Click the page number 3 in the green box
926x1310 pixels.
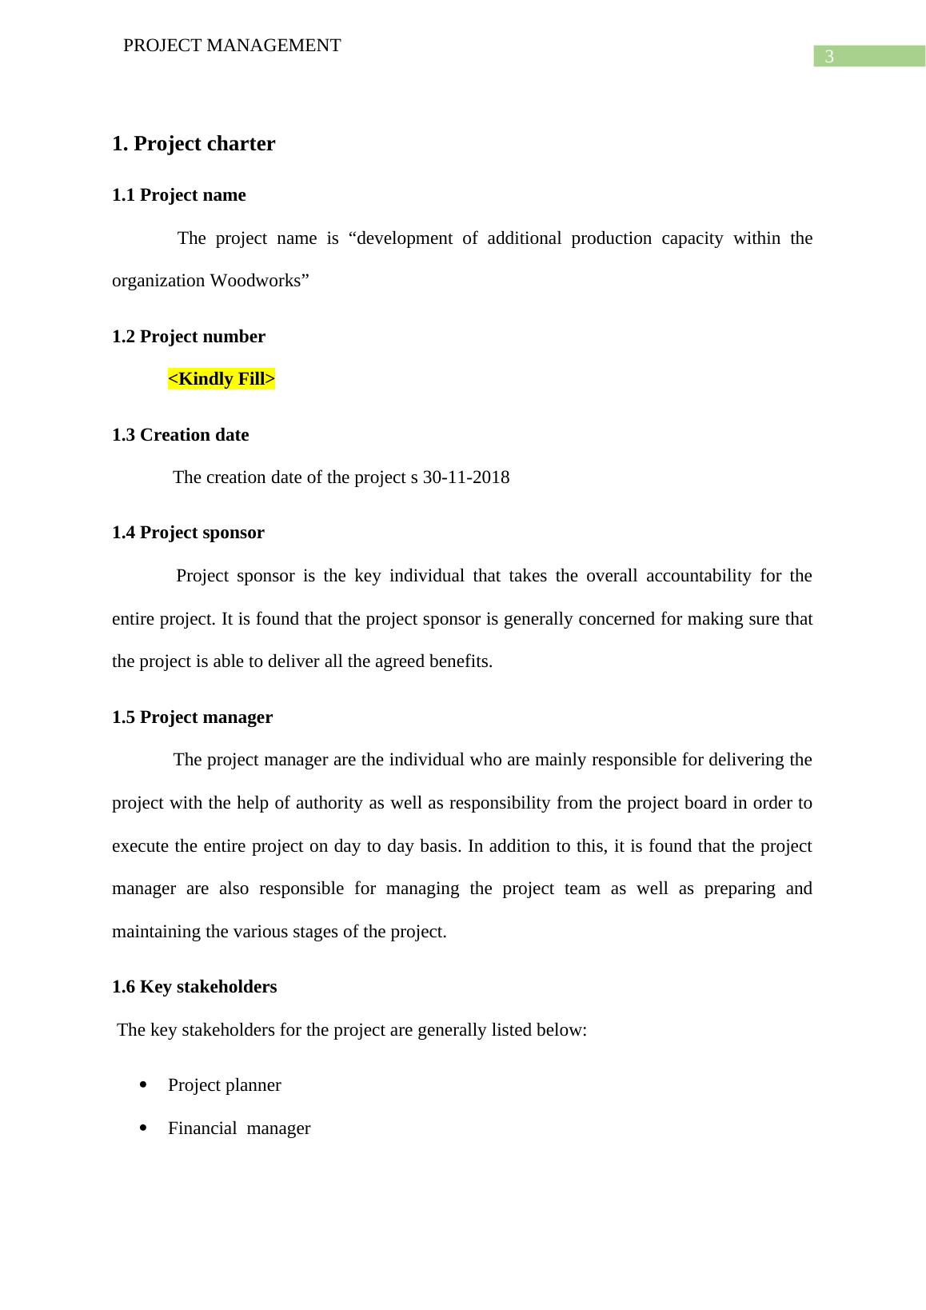pyautogui.click(x=829, y=57)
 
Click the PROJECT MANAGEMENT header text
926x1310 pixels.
pyautogui.click(x=232, y=46)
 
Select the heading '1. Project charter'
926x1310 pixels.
pyautogui.click(x=194, y=144)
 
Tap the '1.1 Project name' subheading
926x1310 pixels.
pyautogui.click(x=179, y=195)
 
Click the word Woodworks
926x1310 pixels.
pyautogui.click(x=255, y=281)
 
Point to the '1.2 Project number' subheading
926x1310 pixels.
pyautogui.click(x=189, y=337)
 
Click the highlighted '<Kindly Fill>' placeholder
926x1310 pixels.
pyautogui.click(x=222, y=379)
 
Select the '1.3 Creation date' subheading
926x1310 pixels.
pyautogui.click(x=181, y=435)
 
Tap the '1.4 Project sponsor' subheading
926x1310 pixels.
pyautogui.click(x=188, y=533)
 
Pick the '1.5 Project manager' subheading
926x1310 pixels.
pyautogui.click(x=192, y=717)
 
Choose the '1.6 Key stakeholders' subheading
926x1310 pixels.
pyautogui.click(x=194, y=987)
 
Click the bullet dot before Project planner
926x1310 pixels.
pyautogui.click(x=143, y=1085)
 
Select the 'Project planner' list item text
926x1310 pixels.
pyautogui.click(x=225, y=1085)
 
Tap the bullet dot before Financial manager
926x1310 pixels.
pyautogui.click(x=143, y=1128)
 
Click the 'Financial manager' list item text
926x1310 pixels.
pyautogui.click(x=239, y=1128)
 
